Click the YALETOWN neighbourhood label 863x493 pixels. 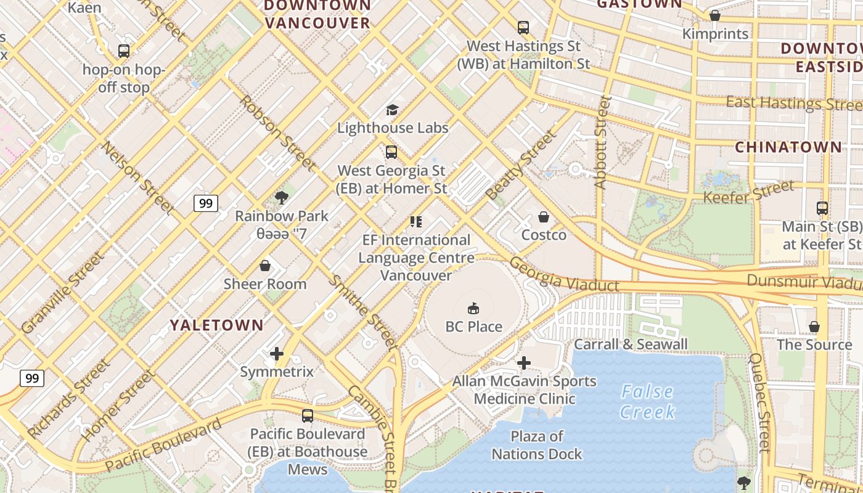pyautogui.click(x=216, y=325)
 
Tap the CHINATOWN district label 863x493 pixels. pyautogui.click(x=788, y=147)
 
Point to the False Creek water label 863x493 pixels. pyautogui.click(x=647, y=401)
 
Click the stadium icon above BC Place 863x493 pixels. pyautogui.click(x=473, y=308)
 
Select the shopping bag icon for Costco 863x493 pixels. pyautogui.click(x=544, y=217)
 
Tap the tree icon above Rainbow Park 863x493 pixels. pyautogui.click(x=282, y=198)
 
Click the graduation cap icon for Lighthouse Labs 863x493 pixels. pyautogui.click(x=392, y=110)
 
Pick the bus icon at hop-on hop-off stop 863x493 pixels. pyautogui.click(x=124, y=51)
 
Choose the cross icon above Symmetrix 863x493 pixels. pyautogui.click(x=277, y=354)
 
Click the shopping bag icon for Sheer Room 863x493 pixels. pyautogui.click(x=265, y=266)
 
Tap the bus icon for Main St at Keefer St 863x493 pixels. pyautogui.click(x=822, y=208)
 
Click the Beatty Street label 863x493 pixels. pyautogui.click(x=520, y=165)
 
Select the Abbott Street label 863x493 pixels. pyautogui.click(x=602, y=142)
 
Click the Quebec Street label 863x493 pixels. pyautogui.click(x=760, y=402)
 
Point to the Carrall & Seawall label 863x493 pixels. pyautogui.click(x=631, y=344)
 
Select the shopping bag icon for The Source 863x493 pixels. pyautogui.click(x=814, y=326)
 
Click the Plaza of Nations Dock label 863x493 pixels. pyautogui.click(x=536, y=445)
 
